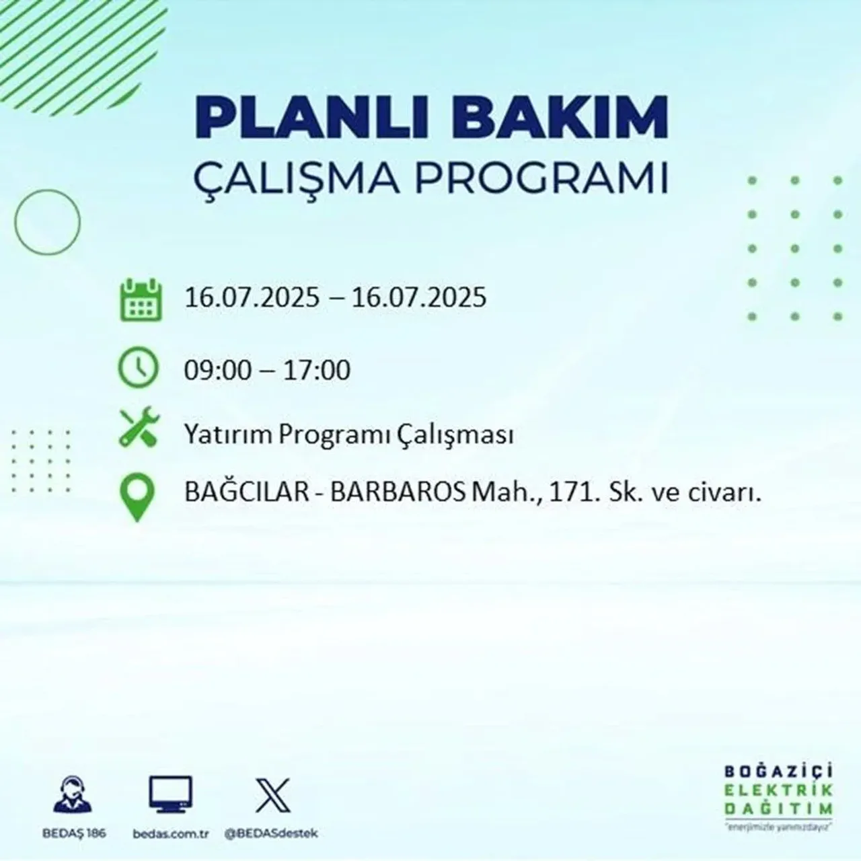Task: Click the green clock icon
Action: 139,368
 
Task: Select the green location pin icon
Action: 137,497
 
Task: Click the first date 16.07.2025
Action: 252,297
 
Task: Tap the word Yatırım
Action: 229,435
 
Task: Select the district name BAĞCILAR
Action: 241,494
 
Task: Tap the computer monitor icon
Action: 170,795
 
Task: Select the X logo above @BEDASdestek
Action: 272,795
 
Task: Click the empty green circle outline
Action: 47,221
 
